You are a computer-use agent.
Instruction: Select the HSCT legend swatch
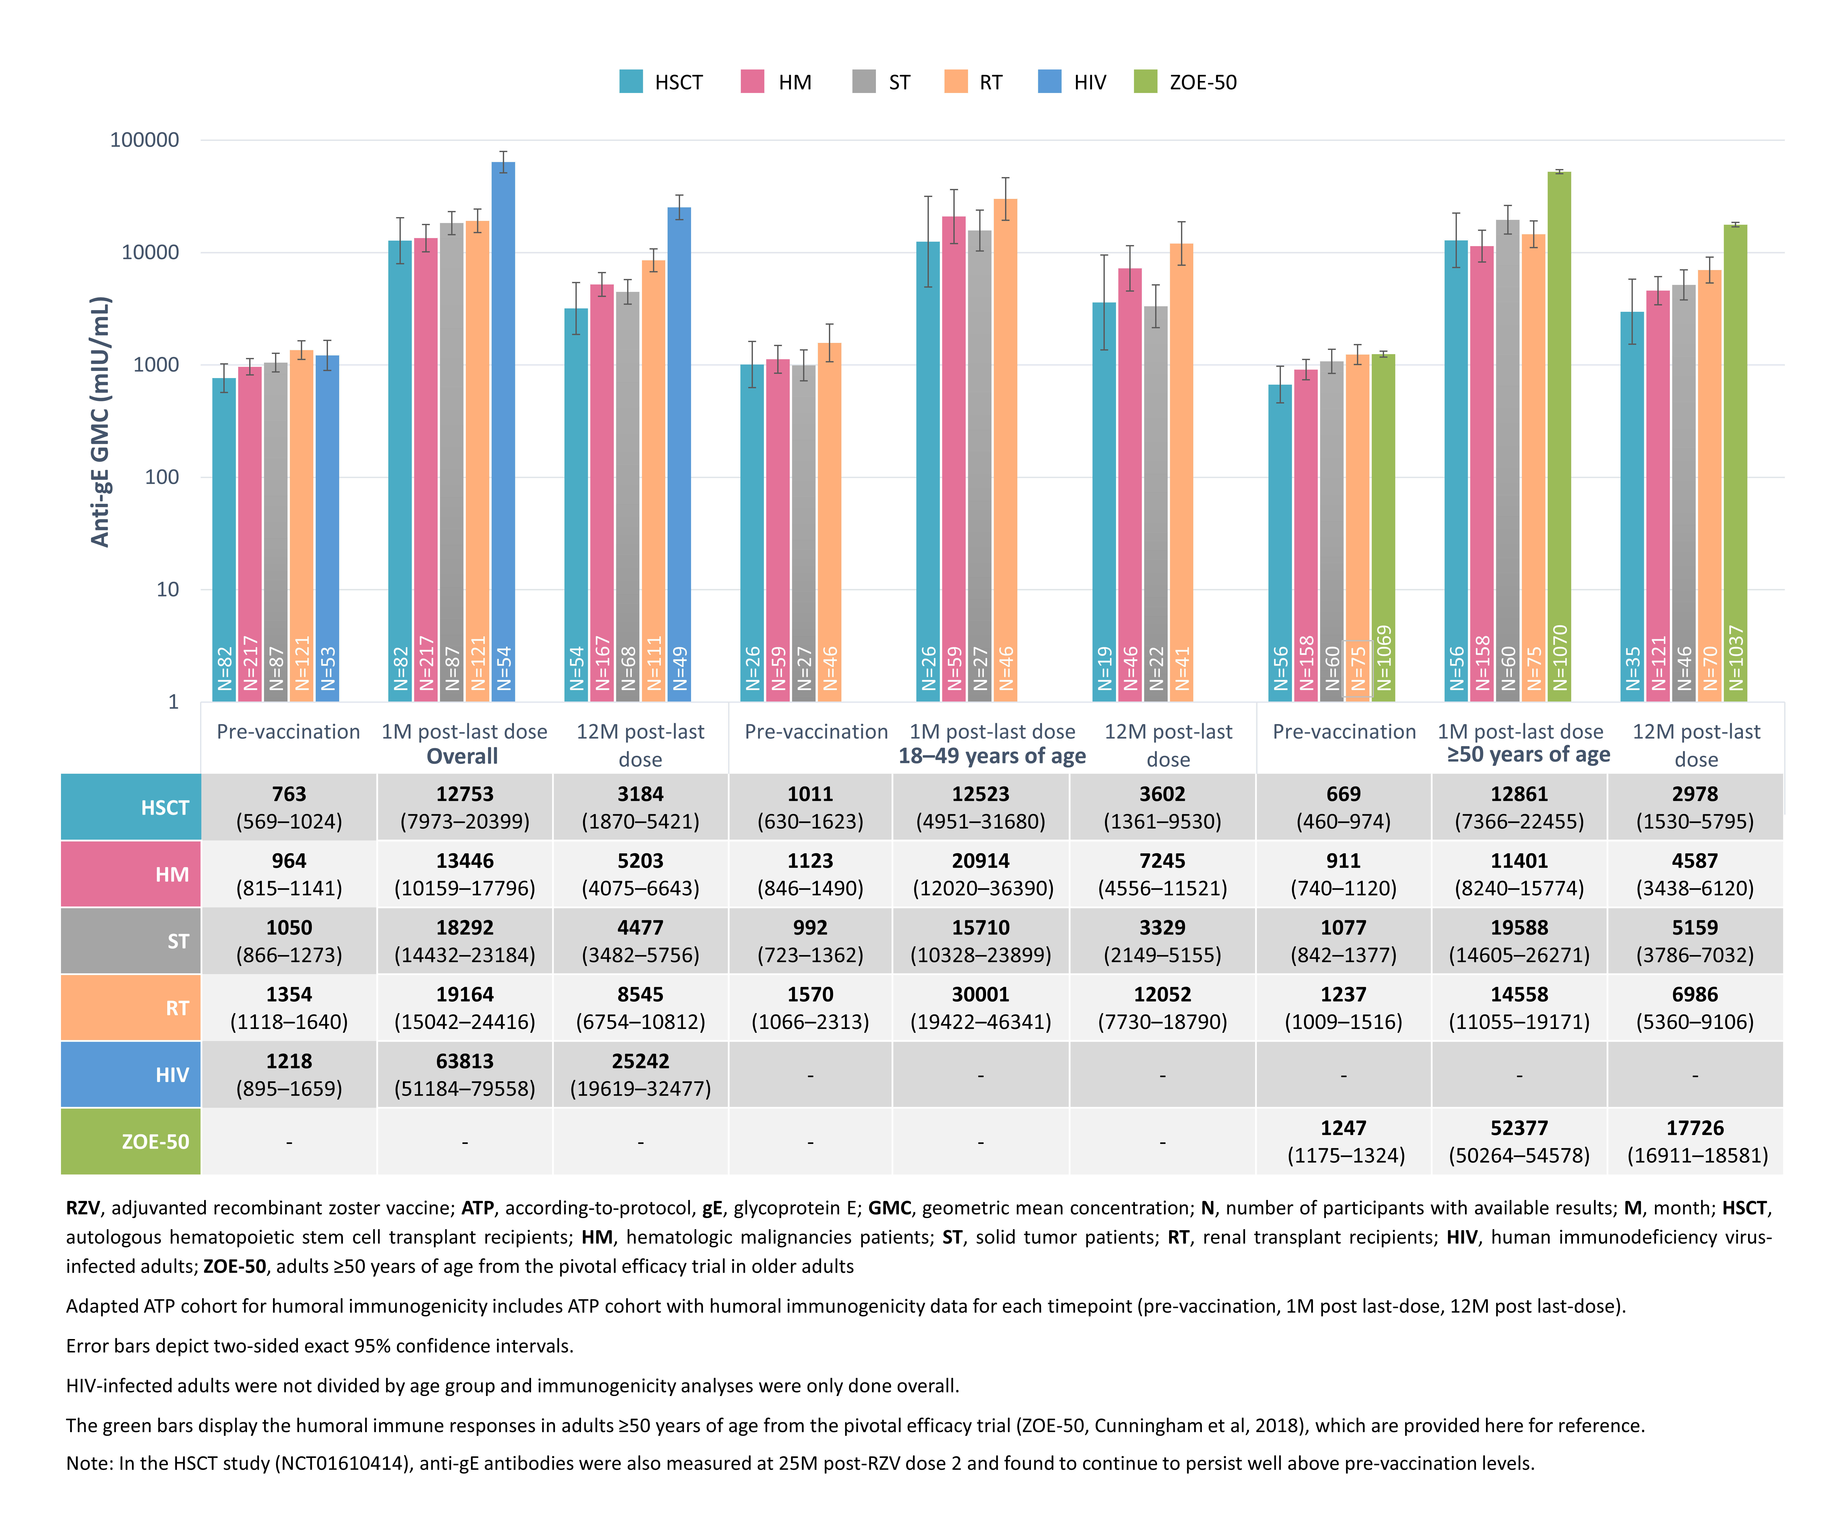(x=631, y=82)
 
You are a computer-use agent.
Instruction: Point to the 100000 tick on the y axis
(x=144, y=140)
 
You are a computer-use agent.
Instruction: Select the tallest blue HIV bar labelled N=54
(x=503, y=432)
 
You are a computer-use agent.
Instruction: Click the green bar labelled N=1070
(x=1559, y=436)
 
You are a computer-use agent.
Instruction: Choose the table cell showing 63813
(x=465, y=1074)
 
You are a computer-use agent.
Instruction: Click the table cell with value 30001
(x=981, y=1007)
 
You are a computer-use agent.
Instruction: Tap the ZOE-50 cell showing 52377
(x=1519, y=1141)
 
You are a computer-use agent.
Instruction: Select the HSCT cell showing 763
(x=289, y=807)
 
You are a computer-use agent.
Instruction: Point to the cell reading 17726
(x=1695, y=1141)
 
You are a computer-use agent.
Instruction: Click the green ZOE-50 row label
(x=131, y=1141)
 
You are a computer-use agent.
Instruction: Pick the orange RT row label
(x=131, y=1007)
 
